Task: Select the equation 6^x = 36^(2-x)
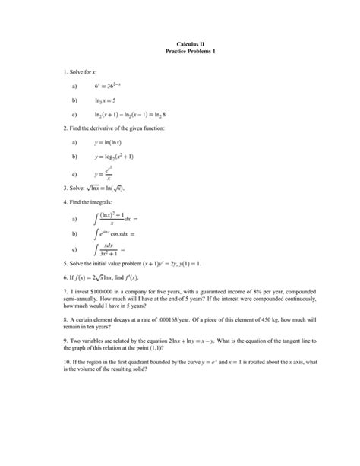click(x=114, y=87)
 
